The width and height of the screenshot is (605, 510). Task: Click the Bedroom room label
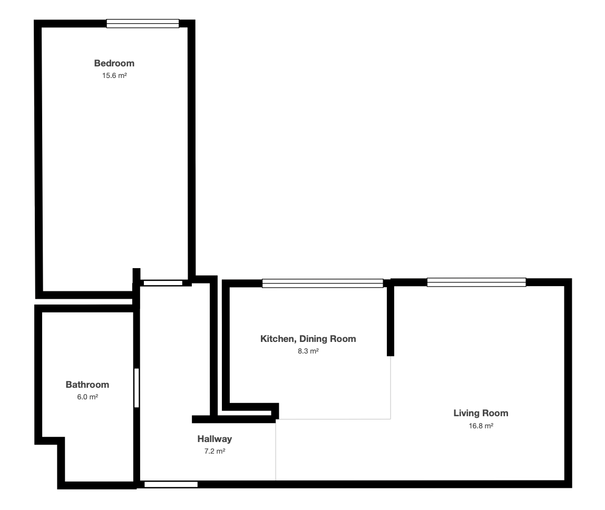[x=114, y=63]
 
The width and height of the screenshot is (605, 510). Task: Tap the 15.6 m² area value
[x=114, y=76]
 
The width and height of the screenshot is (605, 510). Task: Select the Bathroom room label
[x=87, y=385]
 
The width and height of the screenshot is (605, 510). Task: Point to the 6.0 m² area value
[x=87, y=397]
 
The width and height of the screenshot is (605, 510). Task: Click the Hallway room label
[x=214, y=439]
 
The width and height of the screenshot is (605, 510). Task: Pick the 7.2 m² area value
[x=215, y=452]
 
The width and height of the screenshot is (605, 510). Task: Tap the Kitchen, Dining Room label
[x=308, y=339]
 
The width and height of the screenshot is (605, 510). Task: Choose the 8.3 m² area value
[x=308, y=351]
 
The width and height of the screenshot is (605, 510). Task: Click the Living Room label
[x=481, y=413]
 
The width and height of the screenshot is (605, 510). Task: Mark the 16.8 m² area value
[x=481, y=426]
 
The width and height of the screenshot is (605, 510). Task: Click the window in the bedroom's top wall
[x=143, y=24]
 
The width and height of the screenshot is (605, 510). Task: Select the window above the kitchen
[x=323, y=283]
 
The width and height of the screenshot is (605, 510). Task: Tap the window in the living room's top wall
[x=476, y=282]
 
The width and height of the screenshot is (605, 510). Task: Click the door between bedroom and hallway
[x=163, y=283]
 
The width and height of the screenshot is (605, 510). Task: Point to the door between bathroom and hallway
[x=136, y=388]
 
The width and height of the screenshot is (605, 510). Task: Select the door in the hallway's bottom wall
[x=171, y=485]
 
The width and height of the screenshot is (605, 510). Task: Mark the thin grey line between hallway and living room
[x=276, y=450]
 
